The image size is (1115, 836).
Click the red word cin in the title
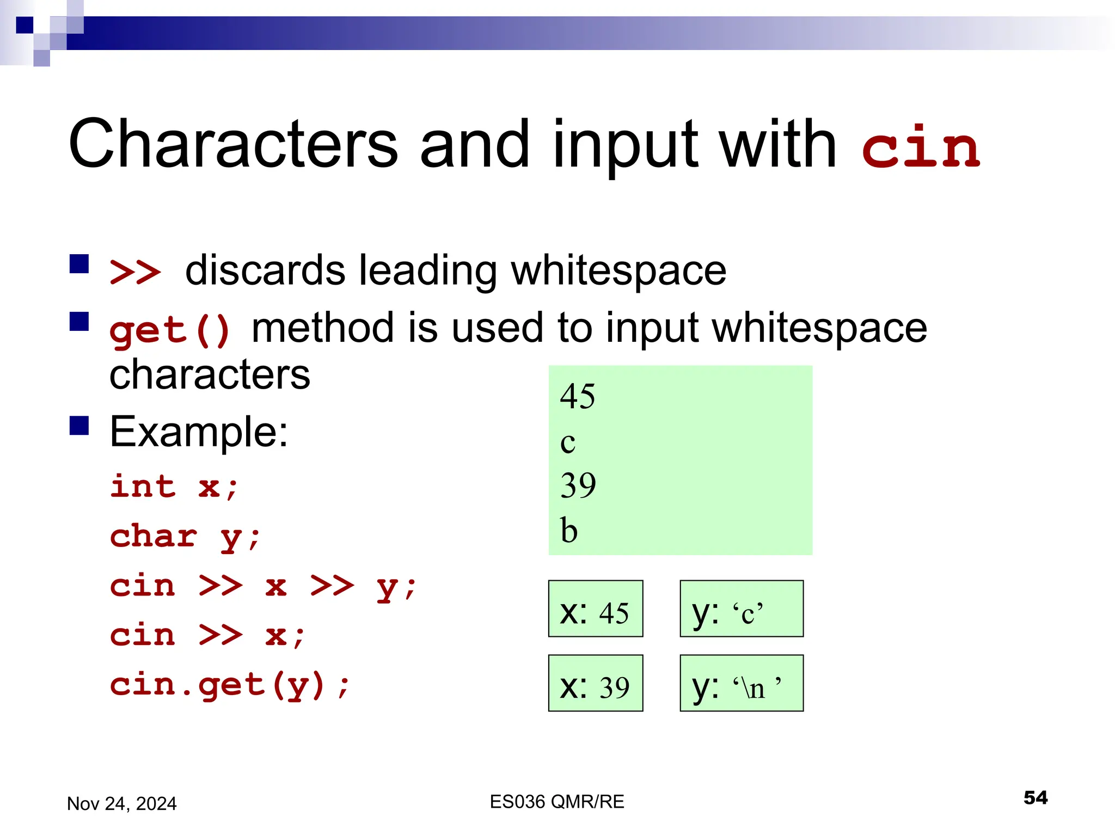point(921,147)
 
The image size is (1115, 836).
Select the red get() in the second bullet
point(170,330)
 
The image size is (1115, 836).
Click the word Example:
point(199,432)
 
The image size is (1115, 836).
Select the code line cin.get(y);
point(230,685)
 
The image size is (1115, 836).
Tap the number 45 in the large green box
point(578,396)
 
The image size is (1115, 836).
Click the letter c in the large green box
point(567,442)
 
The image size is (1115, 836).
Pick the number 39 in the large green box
point(578,485)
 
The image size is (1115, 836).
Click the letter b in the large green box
point(569,530)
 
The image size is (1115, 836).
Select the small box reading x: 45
point(595,608)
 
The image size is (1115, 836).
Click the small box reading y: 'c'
point(741,608)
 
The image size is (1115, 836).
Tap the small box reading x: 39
point(595,683)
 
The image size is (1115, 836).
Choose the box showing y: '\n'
point(741,683)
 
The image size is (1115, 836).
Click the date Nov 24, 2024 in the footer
point(122,803)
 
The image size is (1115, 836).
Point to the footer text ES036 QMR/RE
point(557,802)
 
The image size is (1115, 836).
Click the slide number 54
point(1035,798)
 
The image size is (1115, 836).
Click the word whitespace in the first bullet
point(618,271)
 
